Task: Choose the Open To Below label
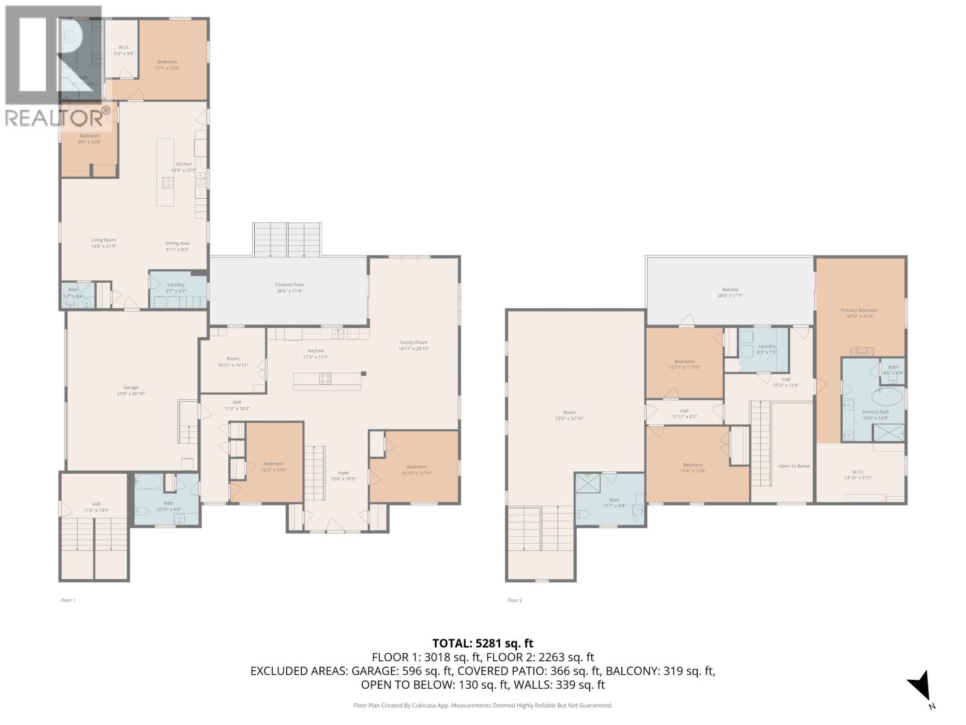794,466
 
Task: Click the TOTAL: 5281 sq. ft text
482,643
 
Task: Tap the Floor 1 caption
68,600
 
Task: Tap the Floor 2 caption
514,600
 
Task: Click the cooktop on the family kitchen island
325,379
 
